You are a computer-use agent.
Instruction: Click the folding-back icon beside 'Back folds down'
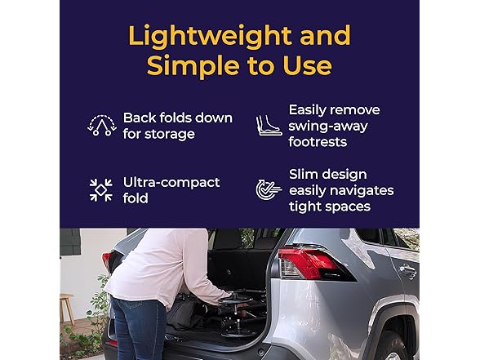(x=102, y=125)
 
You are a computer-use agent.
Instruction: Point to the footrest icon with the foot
(x=269, y=125)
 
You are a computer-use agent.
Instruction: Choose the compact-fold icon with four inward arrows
(x=102, y=190)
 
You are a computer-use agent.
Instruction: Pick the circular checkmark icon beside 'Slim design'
(x=269, y=190)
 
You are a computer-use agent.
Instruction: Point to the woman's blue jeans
(x=140, y=331)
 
